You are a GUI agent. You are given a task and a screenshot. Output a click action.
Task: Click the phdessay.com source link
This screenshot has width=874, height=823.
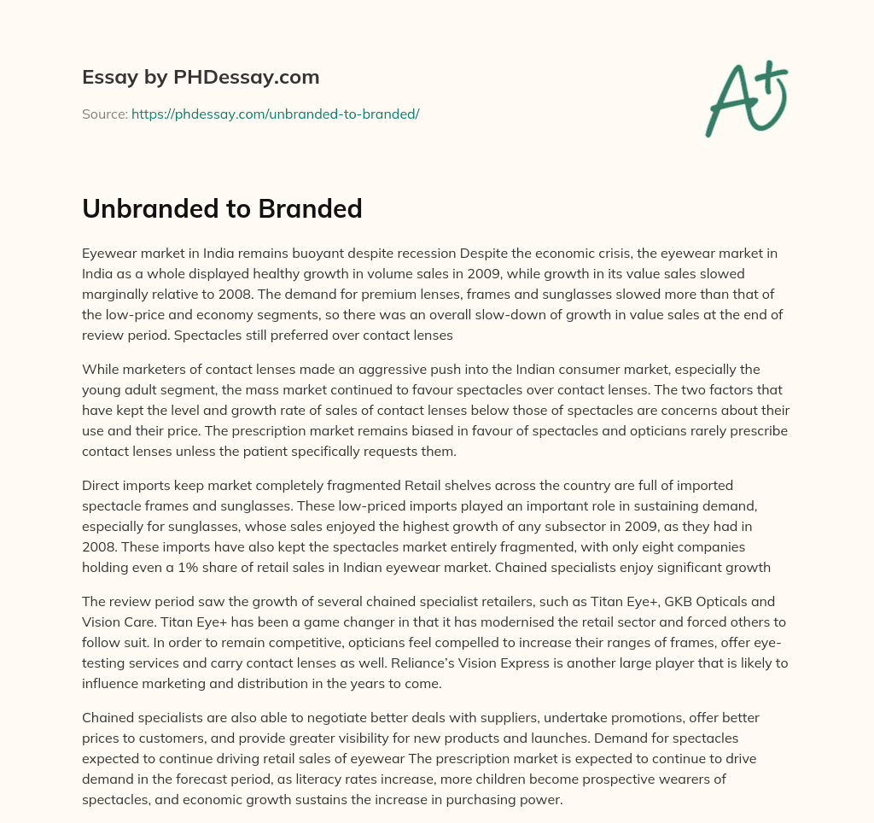coord(275,114)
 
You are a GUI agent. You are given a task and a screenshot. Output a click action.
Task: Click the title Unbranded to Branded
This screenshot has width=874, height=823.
coord(222,207)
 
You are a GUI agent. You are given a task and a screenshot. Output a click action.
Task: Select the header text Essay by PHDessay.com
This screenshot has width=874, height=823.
coord(201,78)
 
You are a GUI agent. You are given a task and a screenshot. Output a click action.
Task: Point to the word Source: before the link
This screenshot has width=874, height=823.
coord(105,114)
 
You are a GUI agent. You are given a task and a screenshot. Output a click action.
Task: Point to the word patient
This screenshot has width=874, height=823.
coord(278,451)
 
